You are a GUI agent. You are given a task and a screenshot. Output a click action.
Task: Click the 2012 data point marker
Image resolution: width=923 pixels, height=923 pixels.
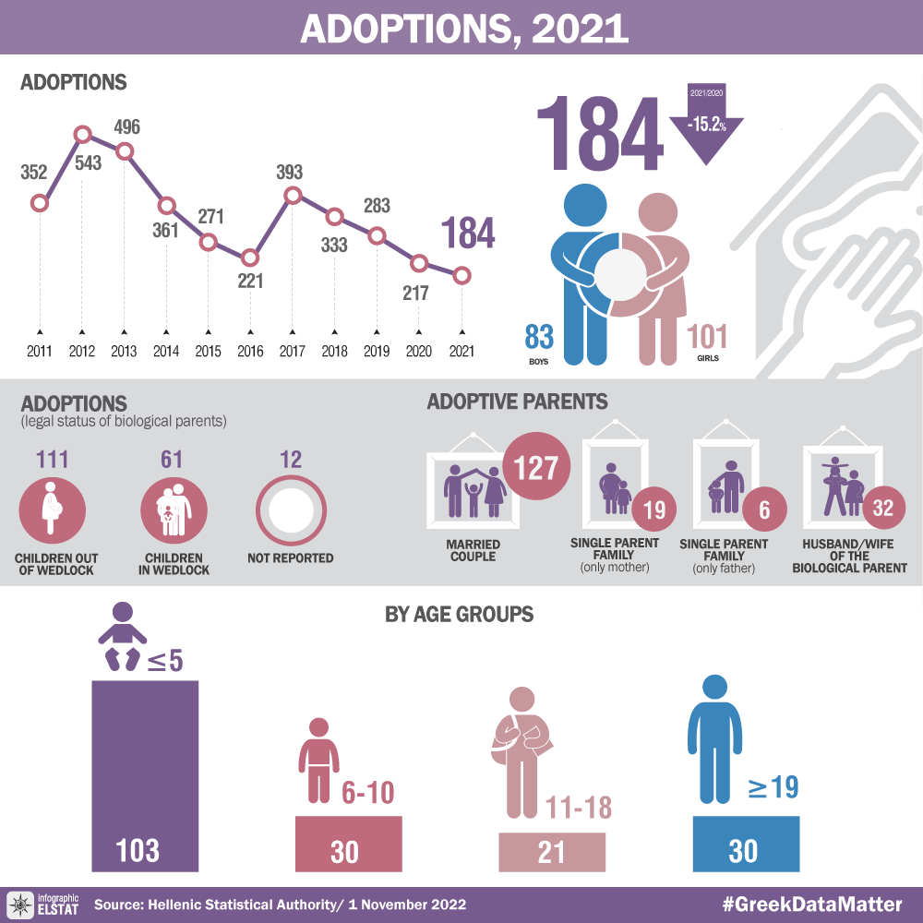(x=82, y=135)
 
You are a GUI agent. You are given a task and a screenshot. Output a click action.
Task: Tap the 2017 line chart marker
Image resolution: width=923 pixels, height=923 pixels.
(x=293, y=195)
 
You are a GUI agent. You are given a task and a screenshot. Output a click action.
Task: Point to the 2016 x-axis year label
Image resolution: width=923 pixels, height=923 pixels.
(x=250, y=352)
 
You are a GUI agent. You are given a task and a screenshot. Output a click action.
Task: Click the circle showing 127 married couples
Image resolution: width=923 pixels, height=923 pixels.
(x=536, y=469)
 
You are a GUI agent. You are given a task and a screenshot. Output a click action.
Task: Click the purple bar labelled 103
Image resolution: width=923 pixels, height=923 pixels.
(x=145, y=775)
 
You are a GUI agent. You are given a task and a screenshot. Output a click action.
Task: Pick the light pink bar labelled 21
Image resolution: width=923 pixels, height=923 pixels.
(x=552, y=851)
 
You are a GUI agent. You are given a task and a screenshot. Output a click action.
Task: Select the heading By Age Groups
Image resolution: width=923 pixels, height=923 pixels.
(x=459, y=614)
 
